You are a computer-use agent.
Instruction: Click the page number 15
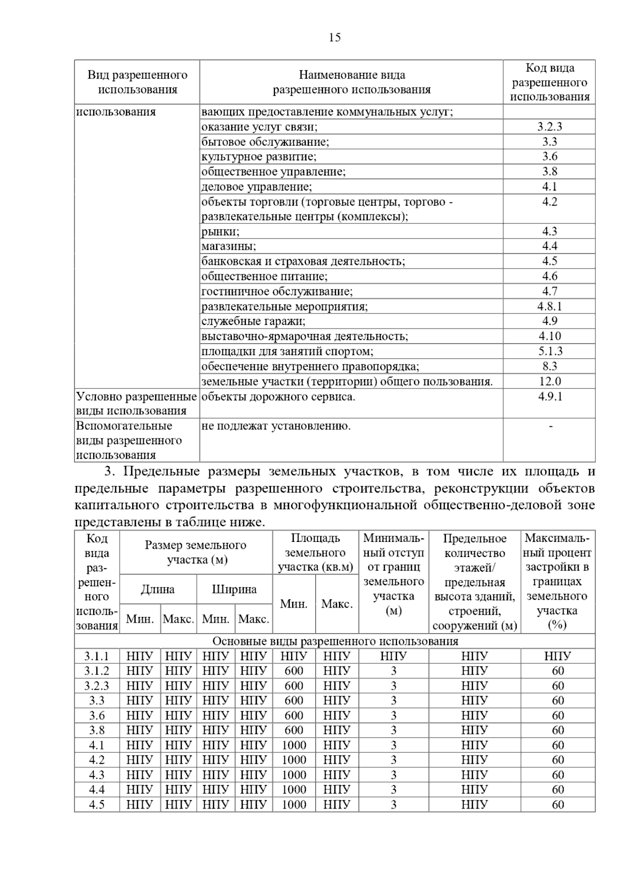pyautogui.click(x=335, y=37)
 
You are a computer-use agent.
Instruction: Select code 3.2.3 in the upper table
pyautogui.click(x=549, y=127)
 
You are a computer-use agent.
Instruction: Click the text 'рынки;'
pyautogui.click(x=220, y=232)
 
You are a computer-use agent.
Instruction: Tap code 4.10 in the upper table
pyautogui.click(x=549, y=336)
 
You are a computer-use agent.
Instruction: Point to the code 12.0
pyautogui.click(x=549, y=381)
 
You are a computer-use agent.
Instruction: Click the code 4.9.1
pyautogui.click(x=550, y=397)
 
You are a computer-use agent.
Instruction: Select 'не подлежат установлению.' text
pyautogui.click(x=276, y=426)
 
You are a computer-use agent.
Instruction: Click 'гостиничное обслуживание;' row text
pyautogui.click(x=277, y=292)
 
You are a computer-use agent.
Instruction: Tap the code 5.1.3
pyautogui.click(x=549, y=351)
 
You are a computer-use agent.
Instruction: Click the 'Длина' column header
pyautogui.click(x=158, y=589)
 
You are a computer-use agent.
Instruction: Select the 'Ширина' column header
pyautogui.click(x=234, y=589)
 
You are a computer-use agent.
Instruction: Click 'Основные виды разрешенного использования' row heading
pyautogui.click(x=335, y=641)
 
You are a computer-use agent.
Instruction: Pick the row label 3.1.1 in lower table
pyautogui.click(x=97, y=656)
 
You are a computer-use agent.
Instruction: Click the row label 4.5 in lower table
pyautogui.click(x=97, y=805)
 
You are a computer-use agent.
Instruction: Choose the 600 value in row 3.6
pyautogui.click(x=294, y=715)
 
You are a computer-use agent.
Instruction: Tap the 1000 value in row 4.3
pyautogui.click(x=294, y=775)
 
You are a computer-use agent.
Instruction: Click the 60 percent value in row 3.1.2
pyautogui.click(x=558, y=671)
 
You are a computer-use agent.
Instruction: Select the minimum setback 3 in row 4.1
pyautogui.click(x=393, y=745)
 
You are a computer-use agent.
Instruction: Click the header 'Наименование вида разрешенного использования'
pyautogui.click(x=352, y=82)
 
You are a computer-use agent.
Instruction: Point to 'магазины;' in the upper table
pyautogui.click(x=229, y=246)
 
